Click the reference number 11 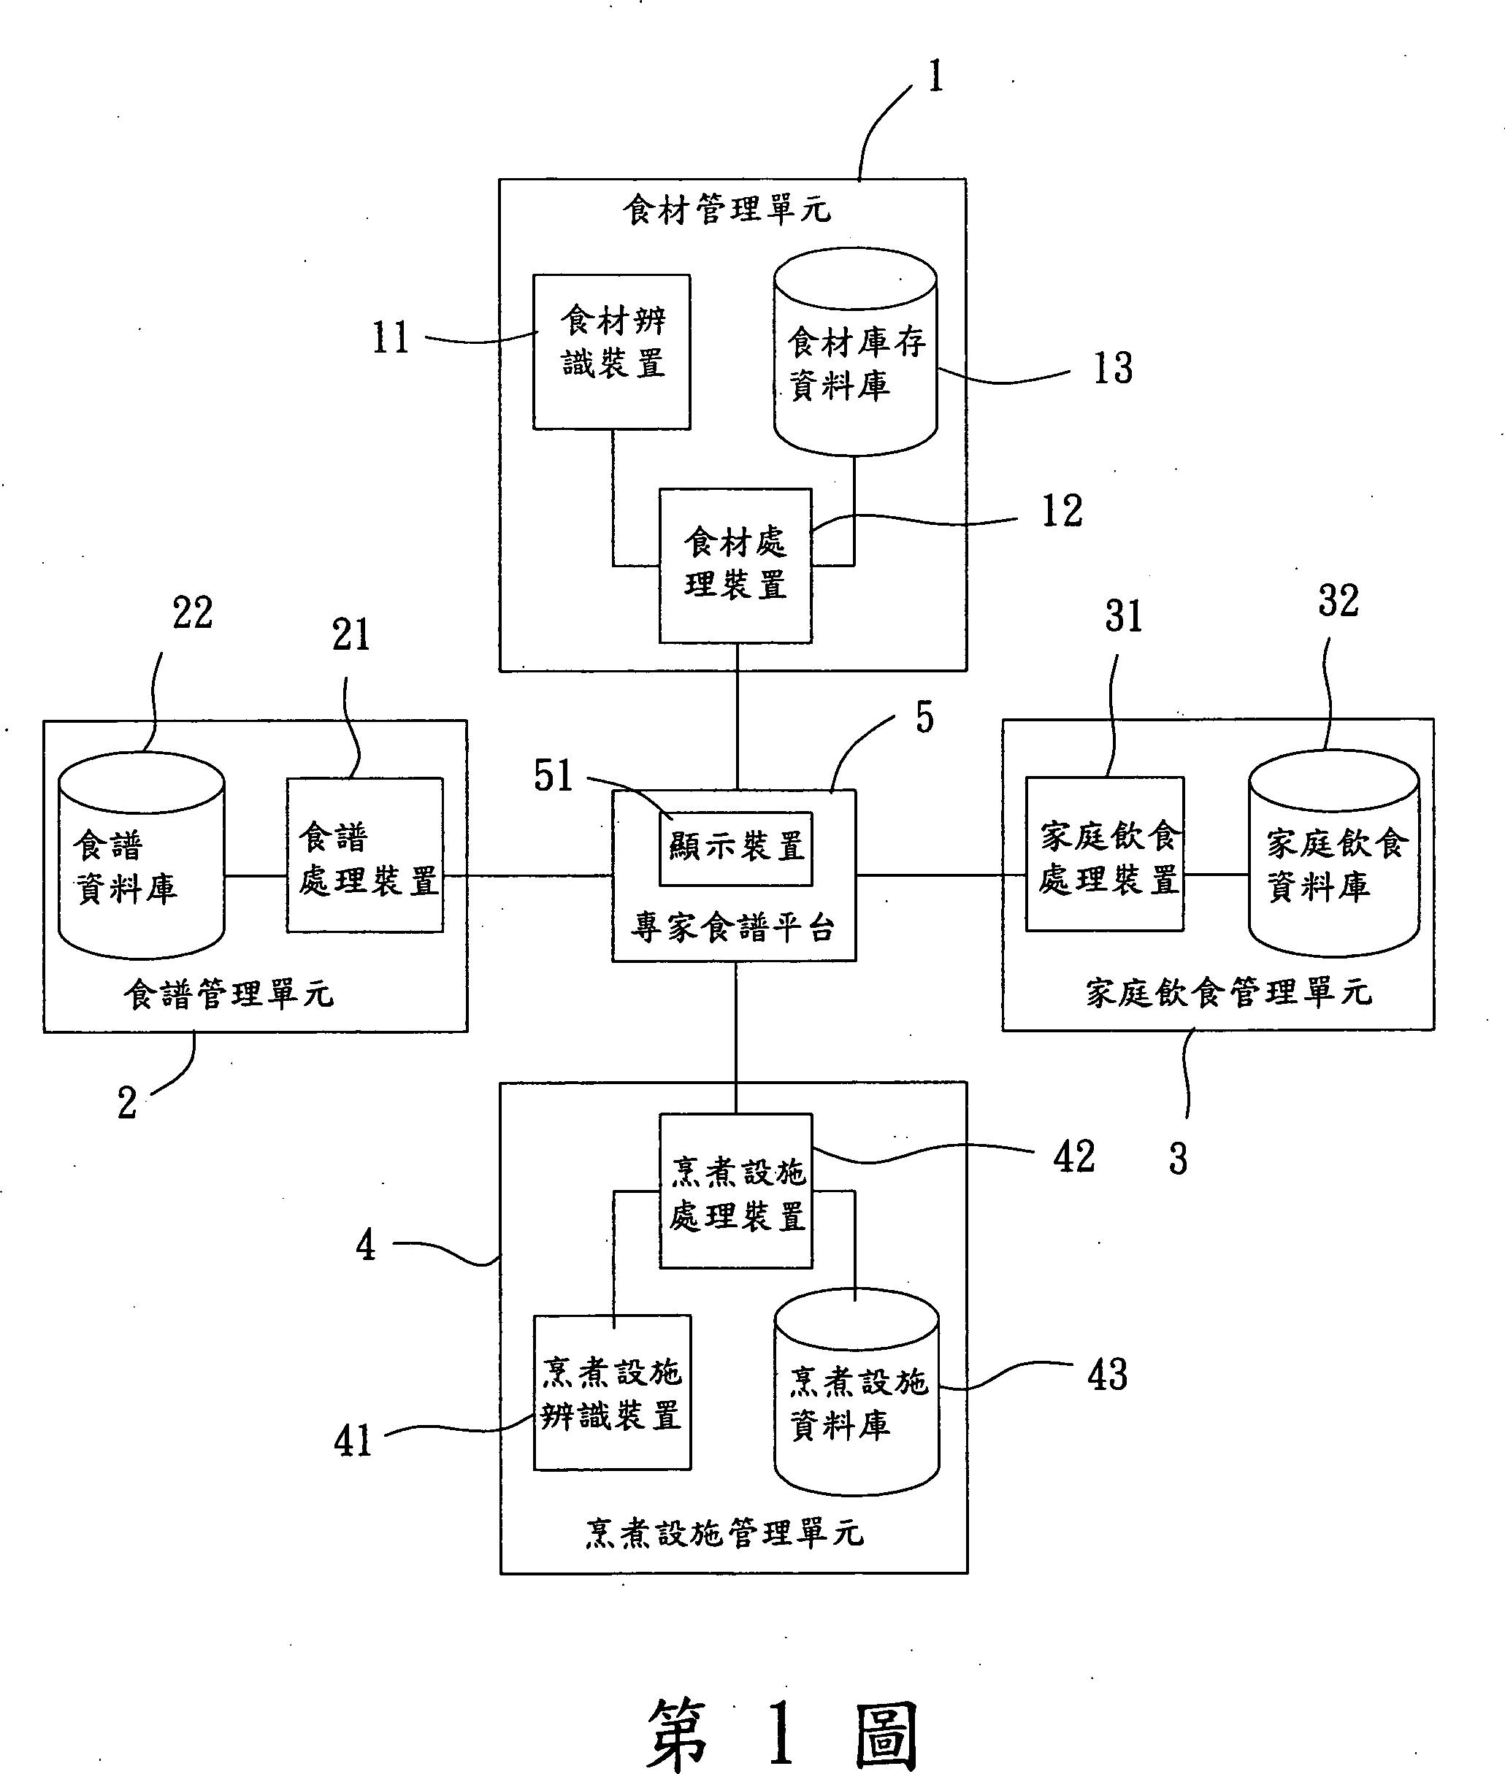coord(391,338)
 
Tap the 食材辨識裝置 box coord(612,351)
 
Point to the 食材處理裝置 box coord(735,564)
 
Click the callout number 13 coord(1113,369)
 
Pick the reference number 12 coord(1062,512)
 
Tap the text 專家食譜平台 coord(733,928)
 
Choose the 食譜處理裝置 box coord(365,856)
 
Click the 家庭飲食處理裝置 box coord(1105,855)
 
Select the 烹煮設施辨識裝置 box coord(612,1394)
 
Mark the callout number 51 coord(553,777)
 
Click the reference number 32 coord(1338,602)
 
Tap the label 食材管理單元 coord(727,210)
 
